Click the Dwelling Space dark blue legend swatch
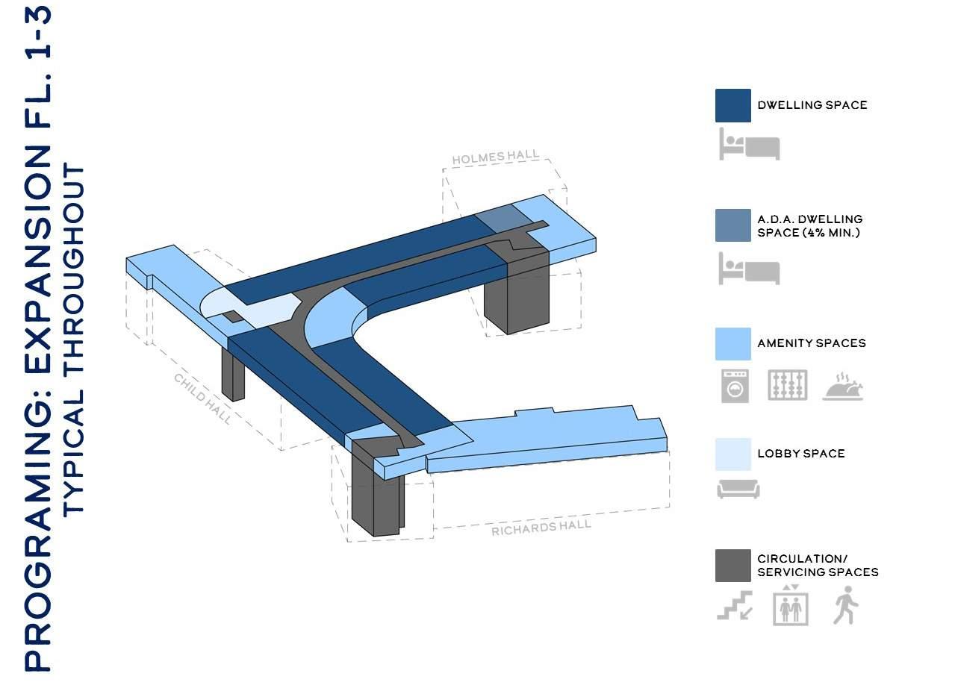coord(732,105)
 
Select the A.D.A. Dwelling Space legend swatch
coord(732,225)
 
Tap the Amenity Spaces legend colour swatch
coord(732,343)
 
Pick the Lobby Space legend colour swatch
coord(732,454)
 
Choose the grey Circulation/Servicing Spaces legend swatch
coord(732,566)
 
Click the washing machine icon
coord(735,386)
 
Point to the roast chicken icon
coord(843,387)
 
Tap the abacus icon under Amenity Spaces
coord(788,386)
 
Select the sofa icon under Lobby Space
coord(738,490)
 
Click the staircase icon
coord(735,606)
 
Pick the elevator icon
coord(791,605)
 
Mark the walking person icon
coord(845,605)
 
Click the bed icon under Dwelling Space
coord(749,144)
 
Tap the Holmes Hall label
coord(495,157)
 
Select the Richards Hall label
coord(541,528)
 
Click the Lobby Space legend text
coord(800,454)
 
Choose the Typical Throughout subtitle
coord(75,340)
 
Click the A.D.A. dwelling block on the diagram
coord(497,216)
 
